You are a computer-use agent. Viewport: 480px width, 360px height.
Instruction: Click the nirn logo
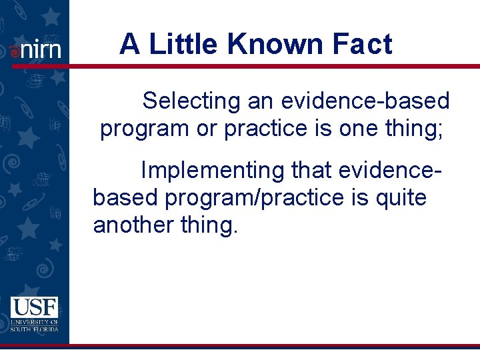(35, 50)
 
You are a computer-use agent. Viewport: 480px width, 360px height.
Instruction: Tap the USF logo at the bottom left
(34, 313)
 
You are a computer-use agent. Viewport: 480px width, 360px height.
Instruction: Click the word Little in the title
(185, 45)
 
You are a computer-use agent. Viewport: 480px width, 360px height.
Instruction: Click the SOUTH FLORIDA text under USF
(34, 329)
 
